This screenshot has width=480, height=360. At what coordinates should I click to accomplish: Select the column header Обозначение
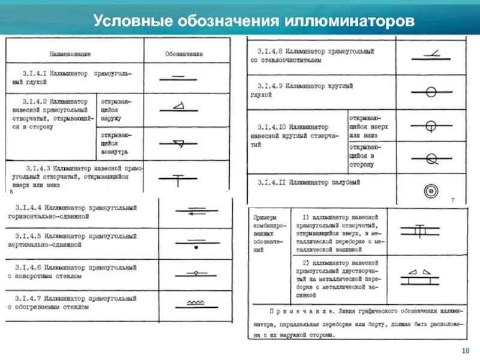pos(184,54)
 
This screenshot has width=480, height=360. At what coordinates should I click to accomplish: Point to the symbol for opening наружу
pos(179,109)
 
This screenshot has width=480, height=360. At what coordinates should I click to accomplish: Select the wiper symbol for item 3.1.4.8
pos(430,56)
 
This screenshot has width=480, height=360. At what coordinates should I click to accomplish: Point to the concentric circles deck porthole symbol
pos(431,191)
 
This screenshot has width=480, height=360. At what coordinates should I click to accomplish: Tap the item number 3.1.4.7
pos(28,297)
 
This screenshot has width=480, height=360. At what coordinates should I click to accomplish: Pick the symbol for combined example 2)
pos(421,276)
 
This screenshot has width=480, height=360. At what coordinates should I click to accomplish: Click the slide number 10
pos(464,350)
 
